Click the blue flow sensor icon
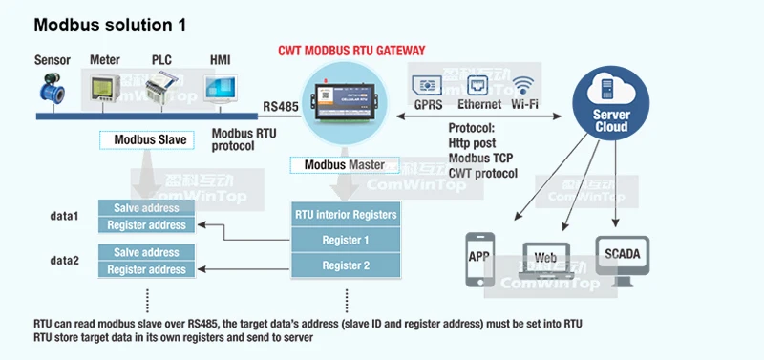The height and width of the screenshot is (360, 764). click(x=53, y=88)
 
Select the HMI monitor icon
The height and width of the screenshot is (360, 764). click(x=221, y=89)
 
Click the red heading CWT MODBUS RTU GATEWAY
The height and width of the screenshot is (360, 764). click(x=351, y=51)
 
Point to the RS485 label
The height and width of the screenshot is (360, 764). click(x=281, y=106)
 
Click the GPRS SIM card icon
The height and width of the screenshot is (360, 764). click(x=427, y=86)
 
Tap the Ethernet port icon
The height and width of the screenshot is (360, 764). click(x=477, y=86)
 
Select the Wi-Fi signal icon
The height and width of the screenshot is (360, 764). click(x=522, y=85)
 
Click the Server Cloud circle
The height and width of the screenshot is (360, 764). click(x=610, y=103)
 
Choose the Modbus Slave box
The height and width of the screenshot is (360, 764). click(x=147, y=139)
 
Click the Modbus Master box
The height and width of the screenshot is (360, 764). click(x=345, y=164)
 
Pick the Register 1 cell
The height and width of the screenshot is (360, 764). click(x=346, y=241)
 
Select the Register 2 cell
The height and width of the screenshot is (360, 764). click(x=346, y=265)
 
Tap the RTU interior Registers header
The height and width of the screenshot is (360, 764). click(x=346, y=214)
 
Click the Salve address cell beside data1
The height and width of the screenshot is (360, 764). click(x=147, y=208)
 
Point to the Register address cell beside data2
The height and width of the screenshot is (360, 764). click(x=147, y=269)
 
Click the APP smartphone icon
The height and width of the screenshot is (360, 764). click(x=480, y=259)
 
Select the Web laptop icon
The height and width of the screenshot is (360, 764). click(x=545, y=260)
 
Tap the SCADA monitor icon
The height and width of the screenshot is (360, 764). click(x=623, y=261)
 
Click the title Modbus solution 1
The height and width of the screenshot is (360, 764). click(x=110, y=25)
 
